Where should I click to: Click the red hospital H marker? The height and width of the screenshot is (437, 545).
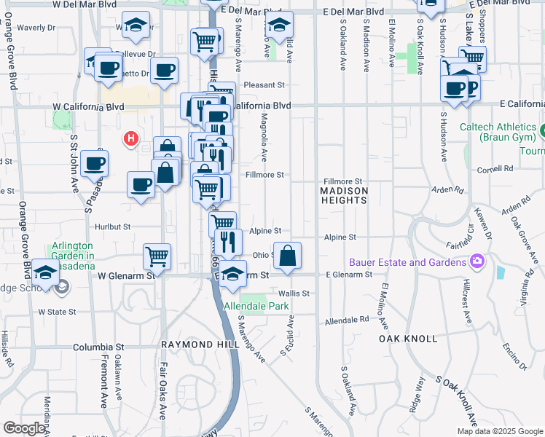pyautogui.click(x=131, y=138)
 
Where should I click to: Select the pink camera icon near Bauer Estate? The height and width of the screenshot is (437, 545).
pyautogui.click(x=477, y=261)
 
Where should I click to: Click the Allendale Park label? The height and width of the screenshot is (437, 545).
pyautogui.click(x=246, y=307)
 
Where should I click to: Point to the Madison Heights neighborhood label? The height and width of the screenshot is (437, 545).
pyautogui.click(x=344, y=191)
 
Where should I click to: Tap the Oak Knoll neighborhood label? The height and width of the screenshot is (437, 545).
pyautogui.click(x=408, y=339)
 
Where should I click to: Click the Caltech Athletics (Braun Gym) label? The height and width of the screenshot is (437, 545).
pyautogui.click(x=500, y=132)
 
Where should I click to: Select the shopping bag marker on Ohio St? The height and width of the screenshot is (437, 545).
pyautogui.click(x=288, y=256)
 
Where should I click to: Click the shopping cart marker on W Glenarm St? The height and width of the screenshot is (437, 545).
pyautogui.click(x=157, y=256)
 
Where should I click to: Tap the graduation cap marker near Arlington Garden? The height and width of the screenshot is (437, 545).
pyautogui.click(x=45, y=274)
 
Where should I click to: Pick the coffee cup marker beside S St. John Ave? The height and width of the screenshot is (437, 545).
pyautogui.click(x=95, y=163)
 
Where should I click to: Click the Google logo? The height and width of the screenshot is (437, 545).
pyautogui.click(x=24, y=428)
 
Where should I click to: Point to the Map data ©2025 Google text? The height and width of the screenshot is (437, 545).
pyautogui.click(x=499, y=431)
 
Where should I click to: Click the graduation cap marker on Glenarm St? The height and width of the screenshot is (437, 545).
pyautogui.click(x=233, y=274)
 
